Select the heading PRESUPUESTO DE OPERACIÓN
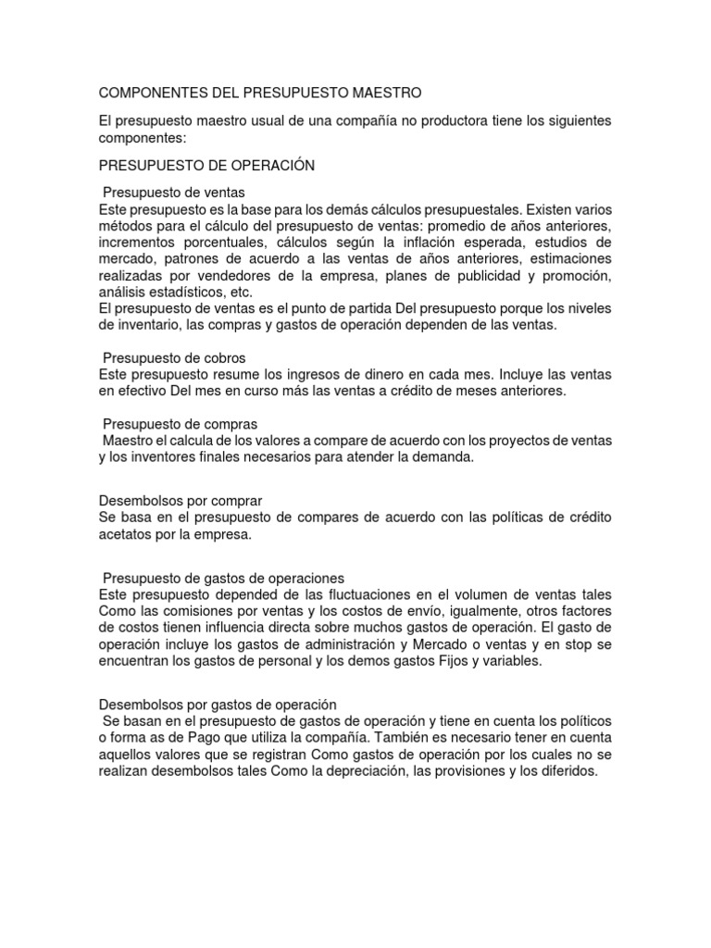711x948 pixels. coord(206,166)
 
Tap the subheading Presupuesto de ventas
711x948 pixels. coord(173,193)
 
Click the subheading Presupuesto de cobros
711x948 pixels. coord(173,356)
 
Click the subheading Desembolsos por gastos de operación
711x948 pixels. coord(217,705)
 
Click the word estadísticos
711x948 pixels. coord(182,291)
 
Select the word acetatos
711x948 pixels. coord(127,534)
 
